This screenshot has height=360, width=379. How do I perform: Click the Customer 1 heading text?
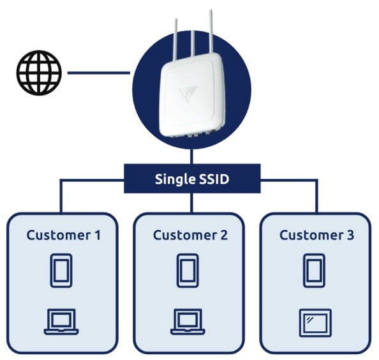click(x=63, y=235)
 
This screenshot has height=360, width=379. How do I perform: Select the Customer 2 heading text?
click(x=189, y=235)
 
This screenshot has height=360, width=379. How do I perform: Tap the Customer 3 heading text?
click(x=316, y=235)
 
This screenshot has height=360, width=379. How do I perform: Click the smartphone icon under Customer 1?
click(x=61, y=271)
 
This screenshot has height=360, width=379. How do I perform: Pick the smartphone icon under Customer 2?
click(x=187, y=271)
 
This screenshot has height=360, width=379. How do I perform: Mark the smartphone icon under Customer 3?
click(x=314, y=271)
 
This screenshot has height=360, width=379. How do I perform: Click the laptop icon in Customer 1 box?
click(x=61, y=322)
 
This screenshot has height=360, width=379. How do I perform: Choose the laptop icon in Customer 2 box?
click(x=187, y=322)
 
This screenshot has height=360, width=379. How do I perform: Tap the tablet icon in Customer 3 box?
click(x=314, y=322)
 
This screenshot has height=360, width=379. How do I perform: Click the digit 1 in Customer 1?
click(x=97, y=235)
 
